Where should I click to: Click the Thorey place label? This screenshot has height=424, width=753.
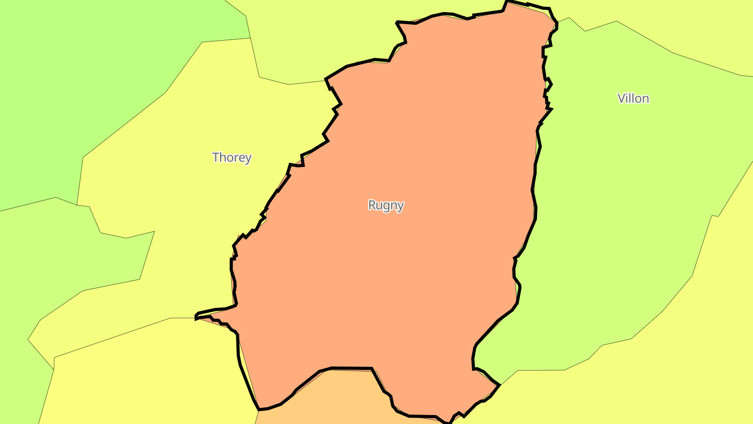click(232, 157)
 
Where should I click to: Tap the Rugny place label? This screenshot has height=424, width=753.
click(386, 205)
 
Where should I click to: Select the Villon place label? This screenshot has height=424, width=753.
click(633, 98)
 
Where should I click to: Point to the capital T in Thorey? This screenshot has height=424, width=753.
click(215, 157)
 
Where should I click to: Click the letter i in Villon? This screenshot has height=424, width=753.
click(628, 98)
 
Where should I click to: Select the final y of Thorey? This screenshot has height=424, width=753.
click(248, 159)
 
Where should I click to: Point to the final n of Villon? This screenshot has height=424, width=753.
click(645, 99)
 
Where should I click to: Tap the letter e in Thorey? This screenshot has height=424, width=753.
click(242, 158)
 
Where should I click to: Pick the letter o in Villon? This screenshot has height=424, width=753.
click(638, 99)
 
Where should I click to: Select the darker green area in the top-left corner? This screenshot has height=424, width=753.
click(78, 79)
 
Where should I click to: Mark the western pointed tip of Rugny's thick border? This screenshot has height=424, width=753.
click(196, 317)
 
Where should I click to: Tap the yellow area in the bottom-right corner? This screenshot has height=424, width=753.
click(680, 377)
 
